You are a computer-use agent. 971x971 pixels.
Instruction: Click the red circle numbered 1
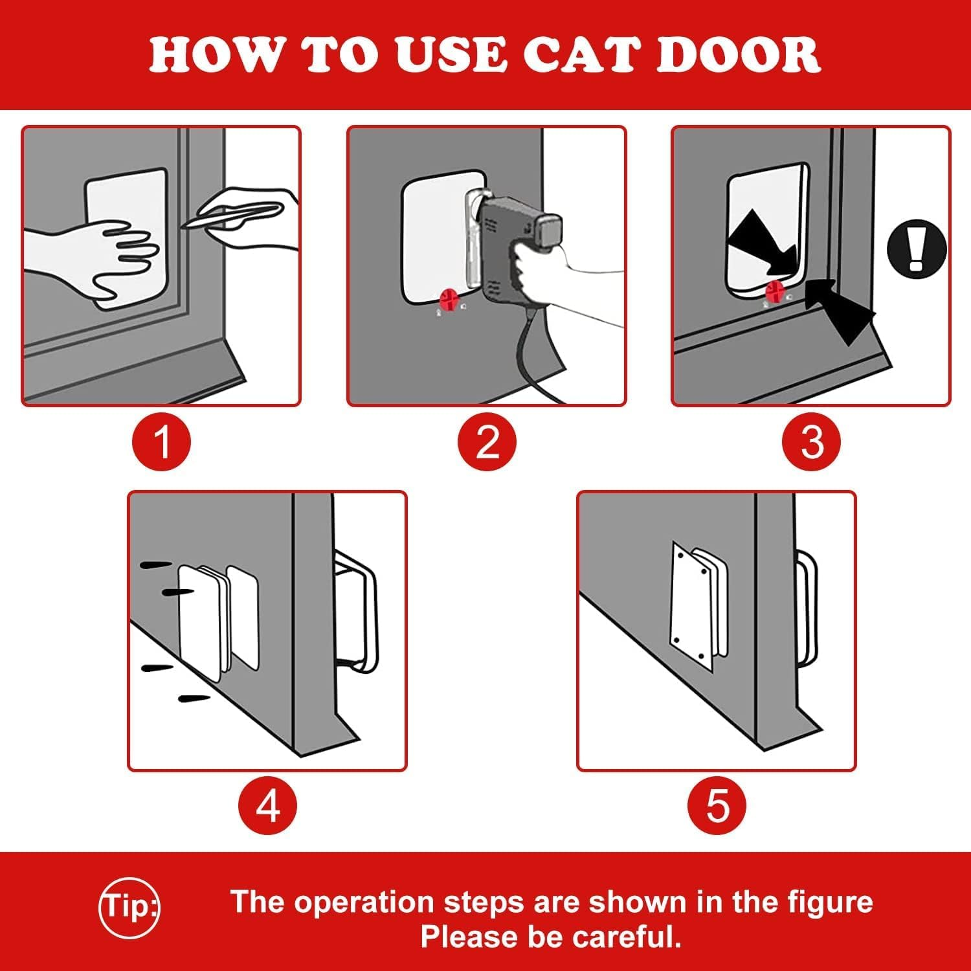point(162,441)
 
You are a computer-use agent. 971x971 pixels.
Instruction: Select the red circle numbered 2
point(487,441)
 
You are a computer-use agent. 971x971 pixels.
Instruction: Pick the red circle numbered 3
point(811,441)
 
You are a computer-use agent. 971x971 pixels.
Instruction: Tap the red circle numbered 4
point(267,806)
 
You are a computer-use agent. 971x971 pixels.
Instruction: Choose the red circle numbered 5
point(717,806)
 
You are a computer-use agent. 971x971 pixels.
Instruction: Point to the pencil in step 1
point(233,216)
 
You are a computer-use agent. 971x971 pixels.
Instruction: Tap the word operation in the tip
point(363,902)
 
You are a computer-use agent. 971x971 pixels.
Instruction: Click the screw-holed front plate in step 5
point(691,605)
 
